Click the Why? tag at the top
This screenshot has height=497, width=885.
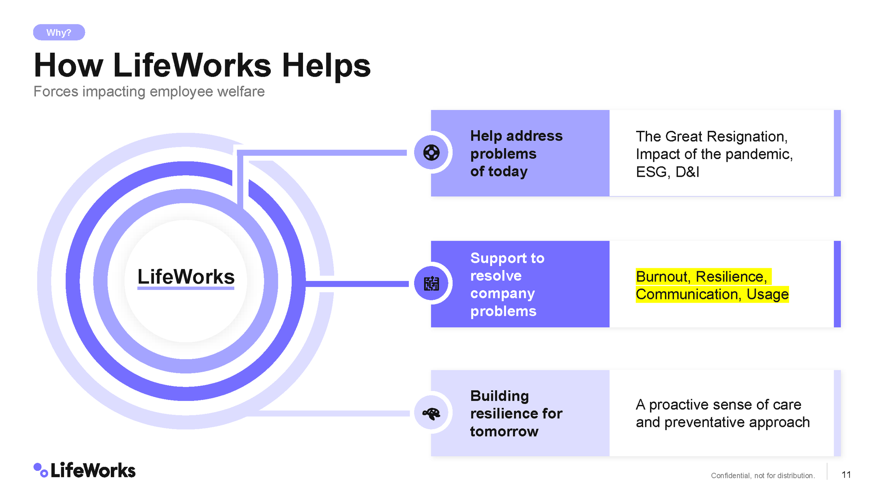point(59,33)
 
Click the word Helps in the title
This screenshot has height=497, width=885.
point(326,66)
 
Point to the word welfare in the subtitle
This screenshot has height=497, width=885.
point(243,92)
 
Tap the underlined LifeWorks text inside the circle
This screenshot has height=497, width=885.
point(186,277)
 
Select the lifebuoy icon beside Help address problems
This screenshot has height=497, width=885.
point(431,153)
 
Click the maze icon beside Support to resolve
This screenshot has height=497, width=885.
point(431,283)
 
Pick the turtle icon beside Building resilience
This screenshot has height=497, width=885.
point(431,413)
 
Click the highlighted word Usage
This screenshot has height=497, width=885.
point(767,294)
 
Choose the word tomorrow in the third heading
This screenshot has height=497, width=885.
point(504,432)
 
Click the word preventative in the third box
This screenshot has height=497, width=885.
point(704,422)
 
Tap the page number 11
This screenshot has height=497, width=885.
point(846,475)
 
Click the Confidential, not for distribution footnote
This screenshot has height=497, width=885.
point(763,476)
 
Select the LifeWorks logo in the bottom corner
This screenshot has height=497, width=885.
point(85,470)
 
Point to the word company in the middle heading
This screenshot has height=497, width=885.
point(502,294)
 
